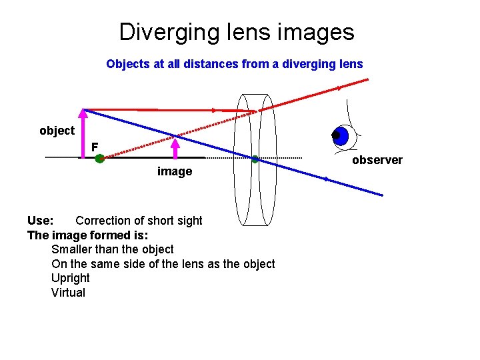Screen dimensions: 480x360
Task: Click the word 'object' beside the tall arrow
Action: pos(57,131)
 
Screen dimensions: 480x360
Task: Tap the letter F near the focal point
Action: pos(95,146)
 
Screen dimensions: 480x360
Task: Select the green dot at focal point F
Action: pos(99,159)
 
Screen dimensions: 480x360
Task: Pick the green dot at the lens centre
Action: pos(255,159)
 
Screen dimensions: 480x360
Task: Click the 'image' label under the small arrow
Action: pos(174,171)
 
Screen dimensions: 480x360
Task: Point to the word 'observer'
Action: pos(377,160)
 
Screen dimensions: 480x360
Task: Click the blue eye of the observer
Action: pos(341,136)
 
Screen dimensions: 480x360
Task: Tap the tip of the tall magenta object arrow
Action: pos(83,111)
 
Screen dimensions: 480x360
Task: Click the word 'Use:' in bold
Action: pos(40,221)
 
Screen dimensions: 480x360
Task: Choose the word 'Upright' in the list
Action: pos(70,278)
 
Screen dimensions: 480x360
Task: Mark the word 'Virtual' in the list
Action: pos(68,293)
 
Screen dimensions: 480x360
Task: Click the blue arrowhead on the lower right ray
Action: pos(327,179)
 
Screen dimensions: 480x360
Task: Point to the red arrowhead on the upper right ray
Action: pos(340,87)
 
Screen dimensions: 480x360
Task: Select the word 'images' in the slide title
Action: pos(317,31)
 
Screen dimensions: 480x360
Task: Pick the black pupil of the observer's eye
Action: pos(336,135)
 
